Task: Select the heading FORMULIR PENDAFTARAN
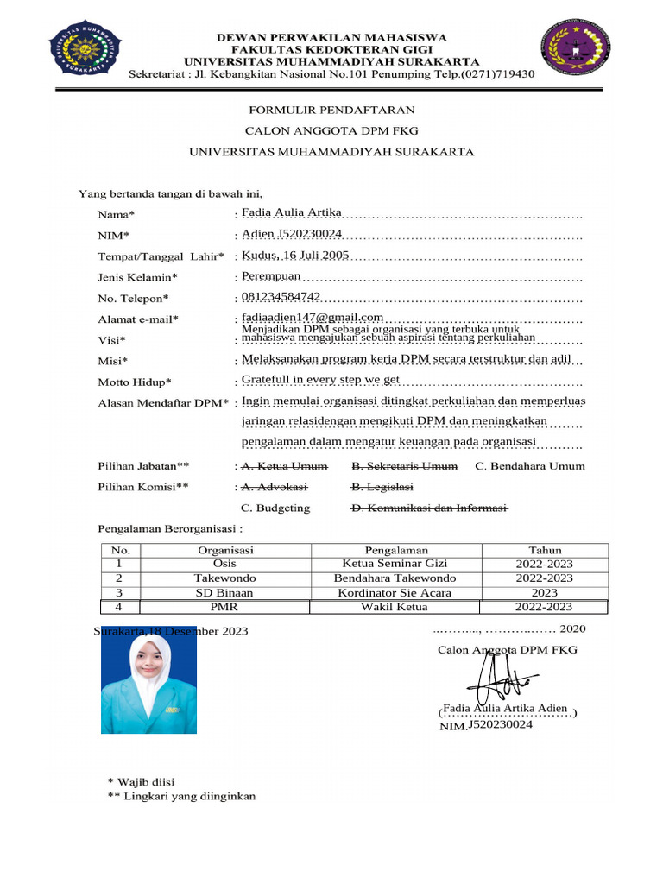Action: pos(331,110)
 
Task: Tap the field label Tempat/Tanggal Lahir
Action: pos(161,256)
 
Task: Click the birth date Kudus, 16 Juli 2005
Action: pos(295,255)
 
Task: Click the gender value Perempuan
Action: pos(271,275)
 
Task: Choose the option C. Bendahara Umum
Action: pos(530,466)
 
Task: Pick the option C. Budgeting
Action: pos(275,508)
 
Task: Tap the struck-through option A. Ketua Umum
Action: pos(284,466)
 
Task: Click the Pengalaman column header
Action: pos(396,550)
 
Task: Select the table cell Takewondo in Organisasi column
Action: pos(224,578)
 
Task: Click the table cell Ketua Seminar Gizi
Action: pos(396,564)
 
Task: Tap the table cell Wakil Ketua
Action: pos(396,607)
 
